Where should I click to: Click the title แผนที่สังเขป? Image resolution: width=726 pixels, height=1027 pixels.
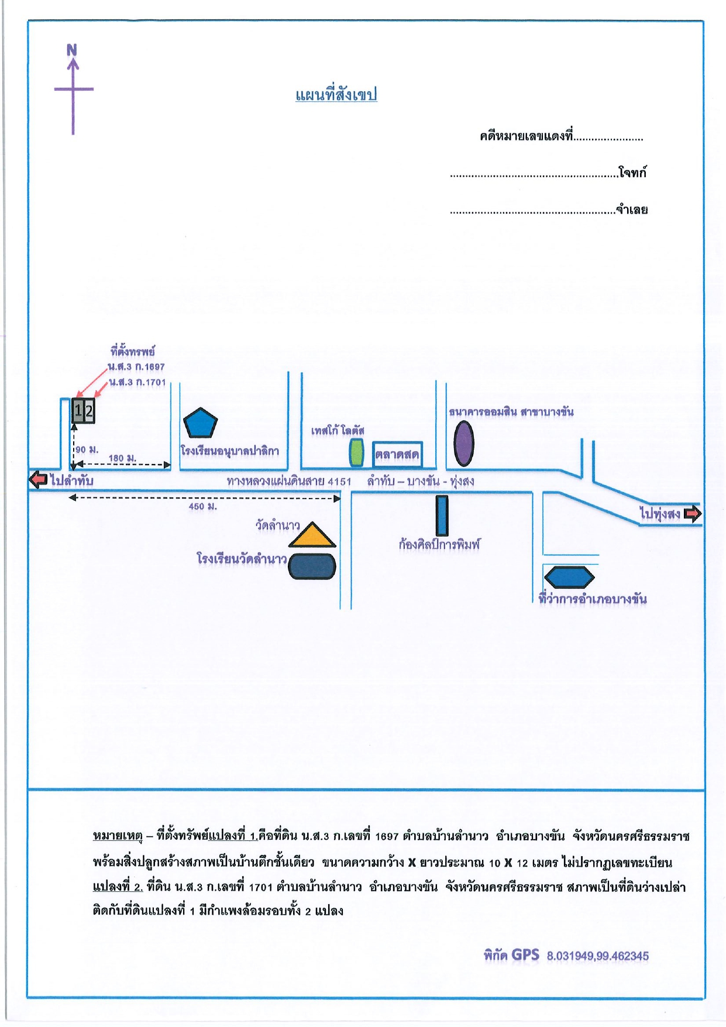coord(336,95)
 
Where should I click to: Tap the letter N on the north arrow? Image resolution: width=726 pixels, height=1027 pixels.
coord(72,50)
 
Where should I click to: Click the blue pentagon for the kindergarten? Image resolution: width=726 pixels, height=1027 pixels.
coord(200,423)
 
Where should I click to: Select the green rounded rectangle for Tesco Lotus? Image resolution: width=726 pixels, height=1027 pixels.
coord(356,452)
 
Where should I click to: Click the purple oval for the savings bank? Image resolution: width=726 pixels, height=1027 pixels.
coord(464,443)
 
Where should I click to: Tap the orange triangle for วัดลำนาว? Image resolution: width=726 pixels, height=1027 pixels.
coord(312,535)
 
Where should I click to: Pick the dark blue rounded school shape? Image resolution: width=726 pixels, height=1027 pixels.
coord(312,566)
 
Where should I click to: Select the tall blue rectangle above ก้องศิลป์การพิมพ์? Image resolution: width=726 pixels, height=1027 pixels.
coord(442,516)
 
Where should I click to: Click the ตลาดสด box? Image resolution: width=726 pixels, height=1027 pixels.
coord(397,454)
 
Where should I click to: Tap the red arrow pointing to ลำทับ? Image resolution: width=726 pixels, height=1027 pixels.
coord(39,479)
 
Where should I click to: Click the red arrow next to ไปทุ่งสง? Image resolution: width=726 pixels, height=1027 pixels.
coord(693,514)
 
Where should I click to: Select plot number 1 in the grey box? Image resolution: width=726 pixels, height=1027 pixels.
coord(78,411)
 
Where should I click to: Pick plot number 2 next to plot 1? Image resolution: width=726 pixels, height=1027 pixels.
coord(89,411)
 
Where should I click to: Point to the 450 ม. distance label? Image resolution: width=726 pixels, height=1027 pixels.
coord(202,506)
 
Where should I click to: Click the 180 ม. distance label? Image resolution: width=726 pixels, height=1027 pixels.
coord(123,458)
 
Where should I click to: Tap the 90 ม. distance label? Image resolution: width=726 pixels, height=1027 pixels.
coord(87,449)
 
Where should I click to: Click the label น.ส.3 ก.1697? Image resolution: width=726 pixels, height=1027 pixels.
coord(136,367)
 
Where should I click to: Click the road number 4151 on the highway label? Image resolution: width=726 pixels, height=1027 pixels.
coord(339,482)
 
